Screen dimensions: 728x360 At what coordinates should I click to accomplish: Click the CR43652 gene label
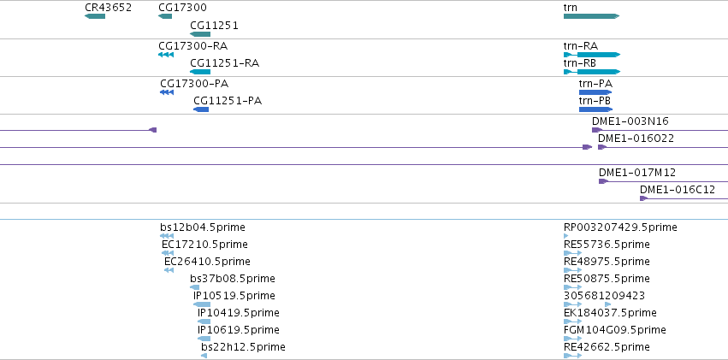(108, 8)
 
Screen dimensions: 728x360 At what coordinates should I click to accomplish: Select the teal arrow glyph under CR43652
(95, 16)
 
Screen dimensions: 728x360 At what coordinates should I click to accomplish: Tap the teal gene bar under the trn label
(591, 16)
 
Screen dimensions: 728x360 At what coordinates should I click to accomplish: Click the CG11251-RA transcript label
(225, 63)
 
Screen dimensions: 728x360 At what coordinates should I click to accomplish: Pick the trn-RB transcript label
(580, 63)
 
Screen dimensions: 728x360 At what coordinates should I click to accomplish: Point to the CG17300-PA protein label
(194, 84)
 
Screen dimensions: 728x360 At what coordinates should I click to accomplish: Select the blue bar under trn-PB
(595, 109)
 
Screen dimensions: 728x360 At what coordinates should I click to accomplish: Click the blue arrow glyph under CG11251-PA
(201, 109)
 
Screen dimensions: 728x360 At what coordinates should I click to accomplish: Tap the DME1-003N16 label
(630, 121)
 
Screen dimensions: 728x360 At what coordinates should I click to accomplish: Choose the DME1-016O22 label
(636, 139)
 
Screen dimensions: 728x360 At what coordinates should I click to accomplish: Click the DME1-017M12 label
(637, 173)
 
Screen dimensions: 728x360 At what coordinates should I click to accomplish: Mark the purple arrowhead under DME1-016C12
(643, 198)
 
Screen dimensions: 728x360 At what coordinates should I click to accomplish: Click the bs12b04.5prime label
(203, 227)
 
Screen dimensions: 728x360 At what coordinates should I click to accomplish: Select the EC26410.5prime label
(207, 262)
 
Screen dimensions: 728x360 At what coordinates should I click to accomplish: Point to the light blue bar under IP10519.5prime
(202, 304)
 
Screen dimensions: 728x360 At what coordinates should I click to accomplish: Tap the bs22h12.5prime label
(243, 347)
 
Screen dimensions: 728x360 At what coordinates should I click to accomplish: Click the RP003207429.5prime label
(620, 227)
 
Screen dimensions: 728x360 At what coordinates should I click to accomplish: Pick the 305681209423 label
(605, 296)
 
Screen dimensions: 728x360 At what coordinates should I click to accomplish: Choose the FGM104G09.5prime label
(615, 330)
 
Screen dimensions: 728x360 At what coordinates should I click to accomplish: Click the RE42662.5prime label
(607, 347)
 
